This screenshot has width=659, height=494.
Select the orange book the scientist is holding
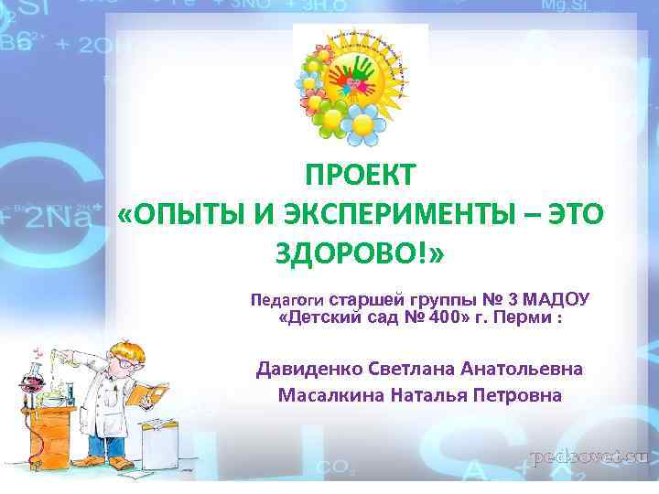[143, 393]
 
